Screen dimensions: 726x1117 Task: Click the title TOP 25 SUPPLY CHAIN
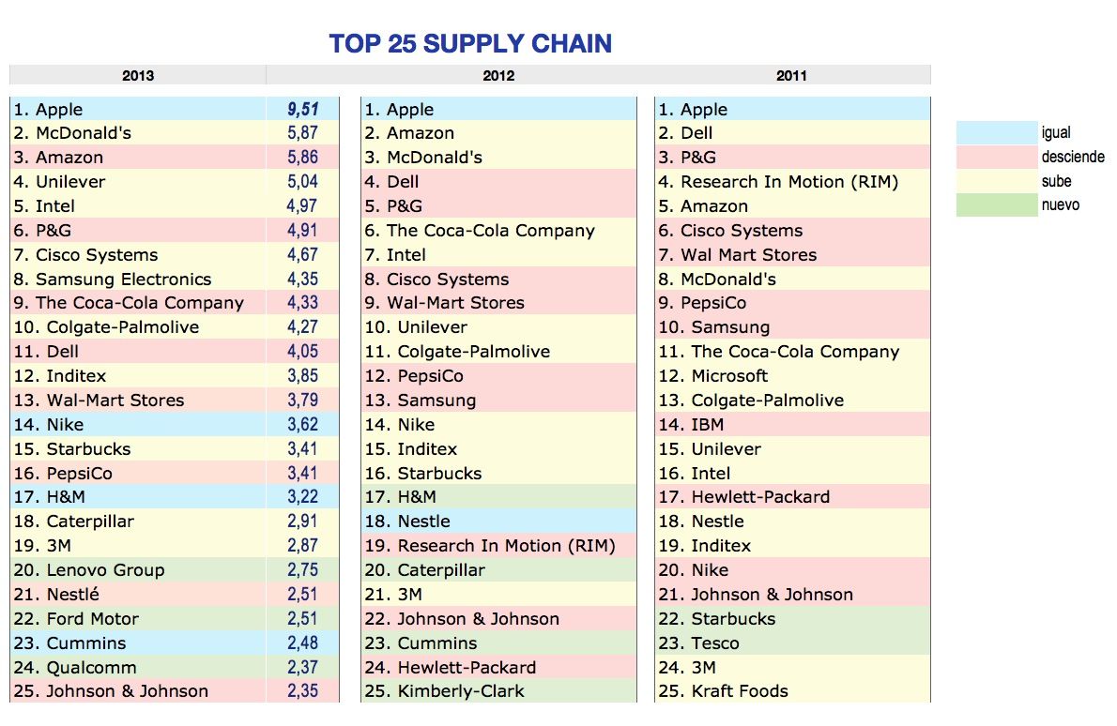[x=470, y=43]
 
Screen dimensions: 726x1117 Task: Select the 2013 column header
[x=138, y=76]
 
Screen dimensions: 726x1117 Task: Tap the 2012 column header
[x=498, y=76]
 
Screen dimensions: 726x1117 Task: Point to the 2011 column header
[x=791, y=76]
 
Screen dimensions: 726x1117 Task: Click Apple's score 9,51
[x=302, y=110]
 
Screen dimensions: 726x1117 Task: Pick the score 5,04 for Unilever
[x=302, y=182]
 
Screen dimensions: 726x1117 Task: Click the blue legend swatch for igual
[x=996, y=133]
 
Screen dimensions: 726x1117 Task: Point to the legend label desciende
[x=1073, y=157]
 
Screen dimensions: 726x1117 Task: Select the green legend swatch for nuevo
[x=996, y=204]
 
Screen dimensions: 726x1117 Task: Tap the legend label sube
[x=1056, y=181]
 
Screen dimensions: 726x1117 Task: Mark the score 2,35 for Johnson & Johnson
[x=302, y=691]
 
